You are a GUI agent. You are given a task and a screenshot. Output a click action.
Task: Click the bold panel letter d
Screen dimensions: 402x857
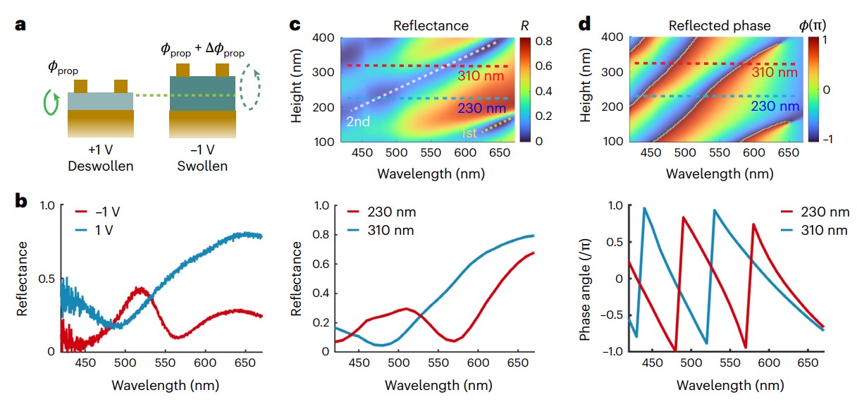[585, 25]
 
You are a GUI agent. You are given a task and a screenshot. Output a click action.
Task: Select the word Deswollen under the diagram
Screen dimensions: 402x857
[100, 167]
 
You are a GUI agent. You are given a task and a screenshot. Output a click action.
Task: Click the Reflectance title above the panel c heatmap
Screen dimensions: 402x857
[431, 26]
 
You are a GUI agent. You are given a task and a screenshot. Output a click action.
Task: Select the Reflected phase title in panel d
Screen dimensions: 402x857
[720, 26]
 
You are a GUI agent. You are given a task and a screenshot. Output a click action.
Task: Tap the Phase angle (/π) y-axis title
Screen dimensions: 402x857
[584, 279]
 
